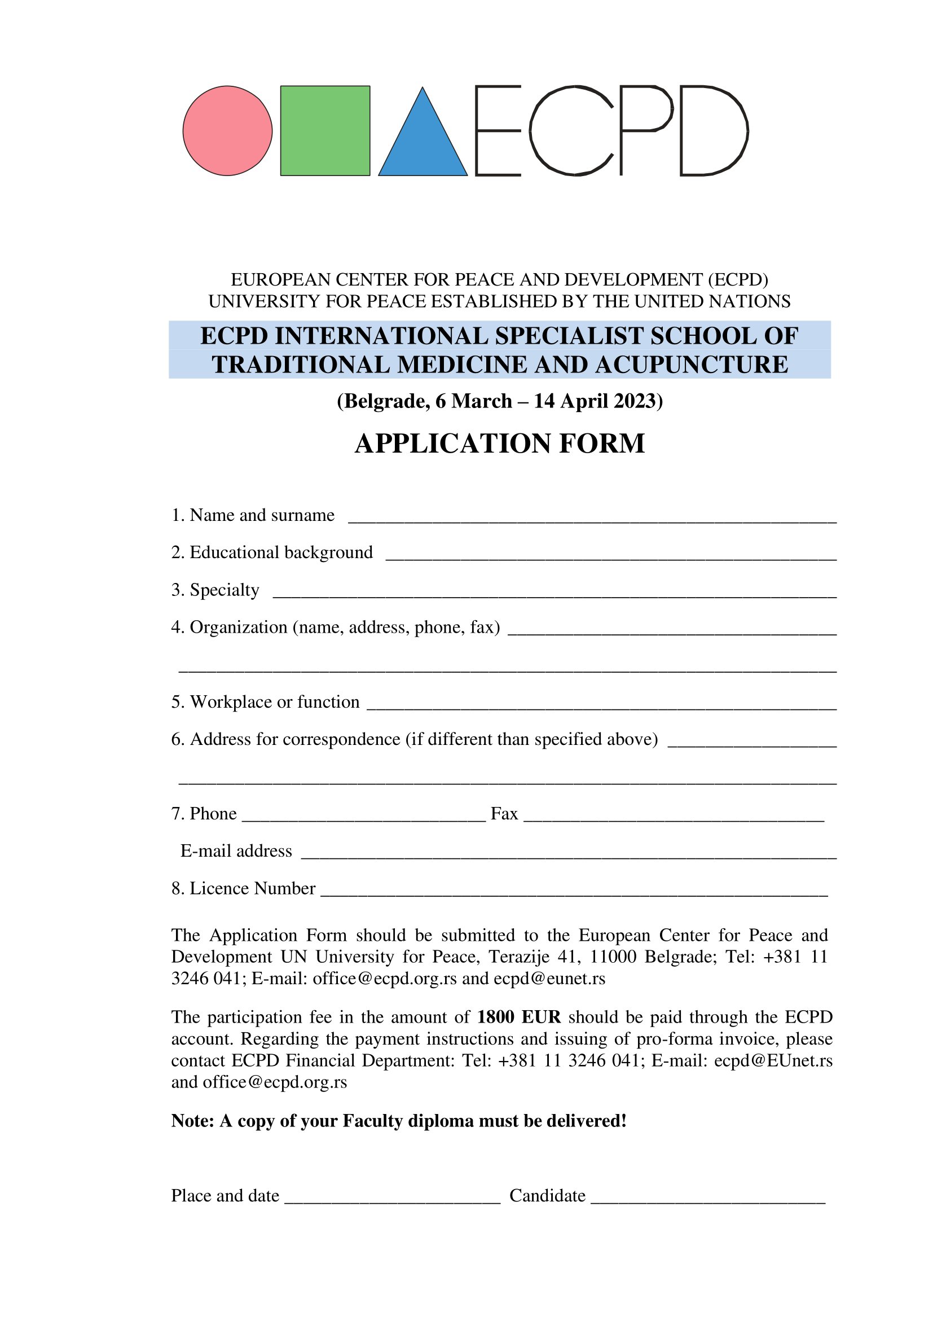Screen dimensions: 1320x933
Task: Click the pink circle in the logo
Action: (x=227, y=130)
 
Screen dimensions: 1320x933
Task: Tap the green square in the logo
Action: (x=325, y=130)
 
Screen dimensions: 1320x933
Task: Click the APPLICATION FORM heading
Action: (x=499, y=443)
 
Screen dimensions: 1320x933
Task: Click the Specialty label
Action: (x=224, y=590)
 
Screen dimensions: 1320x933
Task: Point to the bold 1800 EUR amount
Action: (x=518, y=1017)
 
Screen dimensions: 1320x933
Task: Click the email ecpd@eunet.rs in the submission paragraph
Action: (x=549, y=979)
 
